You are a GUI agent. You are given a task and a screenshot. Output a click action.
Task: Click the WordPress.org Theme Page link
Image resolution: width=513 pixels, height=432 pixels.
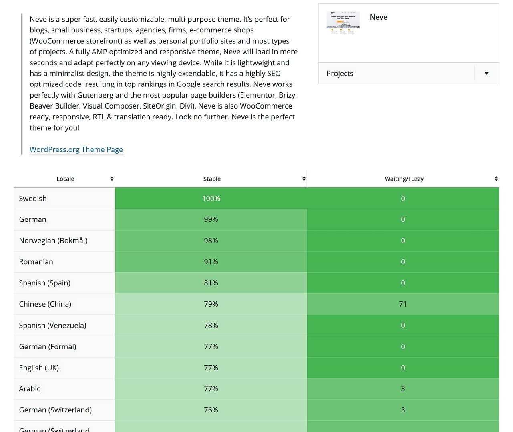pos(76,149)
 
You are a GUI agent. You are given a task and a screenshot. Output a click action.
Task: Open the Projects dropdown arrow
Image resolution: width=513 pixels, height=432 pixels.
pos(486,73)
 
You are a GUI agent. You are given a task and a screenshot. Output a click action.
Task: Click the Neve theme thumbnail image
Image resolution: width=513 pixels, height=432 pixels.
pos(343,23)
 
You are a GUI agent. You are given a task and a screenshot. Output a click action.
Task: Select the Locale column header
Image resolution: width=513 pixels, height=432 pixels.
pos(65,179)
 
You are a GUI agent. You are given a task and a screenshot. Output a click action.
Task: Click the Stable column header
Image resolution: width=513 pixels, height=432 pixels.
pos(212,179)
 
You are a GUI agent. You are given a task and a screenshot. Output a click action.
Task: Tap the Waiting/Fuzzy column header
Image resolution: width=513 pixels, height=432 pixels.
pos(404,179)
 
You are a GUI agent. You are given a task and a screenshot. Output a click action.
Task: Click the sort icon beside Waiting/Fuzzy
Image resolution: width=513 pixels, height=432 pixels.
pos(496,179)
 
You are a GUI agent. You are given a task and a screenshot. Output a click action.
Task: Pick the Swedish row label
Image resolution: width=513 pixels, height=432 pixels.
pos(33,199)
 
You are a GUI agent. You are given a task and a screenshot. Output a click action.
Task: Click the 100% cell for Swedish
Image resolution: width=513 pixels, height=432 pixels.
pos(211,199)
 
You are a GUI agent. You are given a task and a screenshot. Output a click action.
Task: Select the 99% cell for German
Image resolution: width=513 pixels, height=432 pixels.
pos(211,219)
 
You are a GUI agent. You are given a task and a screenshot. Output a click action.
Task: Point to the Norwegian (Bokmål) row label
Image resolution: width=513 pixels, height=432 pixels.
pos(53,241)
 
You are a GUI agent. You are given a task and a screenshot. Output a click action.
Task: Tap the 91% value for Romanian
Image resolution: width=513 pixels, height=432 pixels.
pos(211,262)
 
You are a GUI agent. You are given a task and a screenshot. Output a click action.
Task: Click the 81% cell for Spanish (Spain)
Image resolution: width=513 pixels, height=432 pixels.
pos(211,283)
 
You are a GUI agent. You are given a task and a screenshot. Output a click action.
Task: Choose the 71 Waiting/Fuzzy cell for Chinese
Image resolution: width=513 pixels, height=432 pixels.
pos(403,304)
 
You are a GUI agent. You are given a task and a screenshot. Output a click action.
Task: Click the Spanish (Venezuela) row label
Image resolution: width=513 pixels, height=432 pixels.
pos(53,326)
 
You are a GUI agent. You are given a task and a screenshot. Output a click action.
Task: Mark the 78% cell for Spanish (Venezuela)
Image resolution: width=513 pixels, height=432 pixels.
pos(211,326)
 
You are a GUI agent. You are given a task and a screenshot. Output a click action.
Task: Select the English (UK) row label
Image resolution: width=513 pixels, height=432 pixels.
pos(39,368)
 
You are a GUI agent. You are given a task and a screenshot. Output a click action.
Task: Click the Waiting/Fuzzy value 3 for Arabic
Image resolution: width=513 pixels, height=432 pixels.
pos(403,389)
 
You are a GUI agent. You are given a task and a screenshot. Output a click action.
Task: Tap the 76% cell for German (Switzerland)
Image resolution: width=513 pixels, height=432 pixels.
pos(211,410)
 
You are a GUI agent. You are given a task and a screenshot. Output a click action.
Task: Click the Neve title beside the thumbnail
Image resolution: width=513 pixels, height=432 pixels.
pos(378,17)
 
